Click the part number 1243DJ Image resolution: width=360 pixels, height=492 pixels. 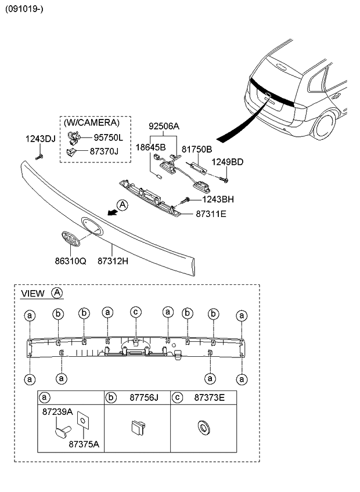point(40,139)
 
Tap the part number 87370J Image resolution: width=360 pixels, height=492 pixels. point(104,151)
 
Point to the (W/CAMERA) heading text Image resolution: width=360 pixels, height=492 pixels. point(91,123)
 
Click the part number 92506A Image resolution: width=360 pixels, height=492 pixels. point(164,126)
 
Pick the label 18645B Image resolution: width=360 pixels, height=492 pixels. point(152,148)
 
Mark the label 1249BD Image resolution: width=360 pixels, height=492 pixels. point(226,162)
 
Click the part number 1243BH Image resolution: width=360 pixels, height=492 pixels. point(218,200)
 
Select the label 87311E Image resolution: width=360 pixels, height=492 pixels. point(210,214)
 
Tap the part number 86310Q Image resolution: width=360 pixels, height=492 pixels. point(70,262)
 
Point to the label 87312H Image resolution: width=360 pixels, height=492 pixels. point(112,262)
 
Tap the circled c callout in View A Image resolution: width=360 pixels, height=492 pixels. point(135,312)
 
